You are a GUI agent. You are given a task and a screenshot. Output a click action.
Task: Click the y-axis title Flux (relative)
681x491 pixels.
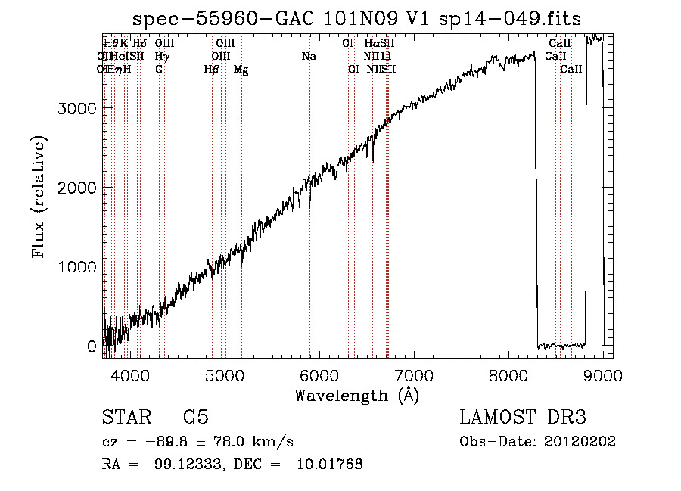(x=39, y=197)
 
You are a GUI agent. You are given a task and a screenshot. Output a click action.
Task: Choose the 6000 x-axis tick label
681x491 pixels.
(x=319, y=374)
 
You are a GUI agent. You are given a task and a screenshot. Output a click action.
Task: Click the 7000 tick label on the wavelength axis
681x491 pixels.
(x=414, y=374)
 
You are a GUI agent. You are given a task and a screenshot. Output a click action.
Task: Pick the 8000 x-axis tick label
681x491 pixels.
(x=508, y=374)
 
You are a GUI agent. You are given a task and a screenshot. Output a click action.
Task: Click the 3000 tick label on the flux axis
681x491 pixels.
(x=77, y=108)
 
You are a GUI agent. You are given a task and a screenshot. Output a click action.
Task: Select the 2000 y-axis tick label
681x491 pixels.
(x=77, y=188)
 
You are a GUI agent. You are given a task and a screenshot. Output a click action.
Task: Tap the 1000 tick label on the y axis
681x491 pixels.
(x=77, y=266)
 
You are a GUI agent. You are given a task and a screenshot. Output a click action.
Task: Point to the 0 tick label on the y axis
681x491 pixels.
(x=92, y=346)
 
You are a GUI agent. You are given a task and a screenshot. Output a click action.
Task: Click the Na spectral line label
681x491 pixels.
(x=309, y=56)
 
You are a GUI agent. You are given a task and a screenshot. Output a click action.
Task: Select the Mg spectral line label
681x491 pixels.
(x=241, y=70)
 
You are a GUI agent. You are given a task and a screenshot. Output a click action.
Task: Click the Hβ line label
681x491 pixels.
(x=211, y=69)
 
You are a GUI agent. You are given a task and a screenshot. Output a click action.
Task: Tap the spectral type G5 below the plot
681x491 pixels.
(x=195, y=418)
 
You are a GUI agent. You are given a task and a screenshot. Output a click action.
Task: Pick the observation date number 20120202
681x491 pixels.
(x=578, y=441)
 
